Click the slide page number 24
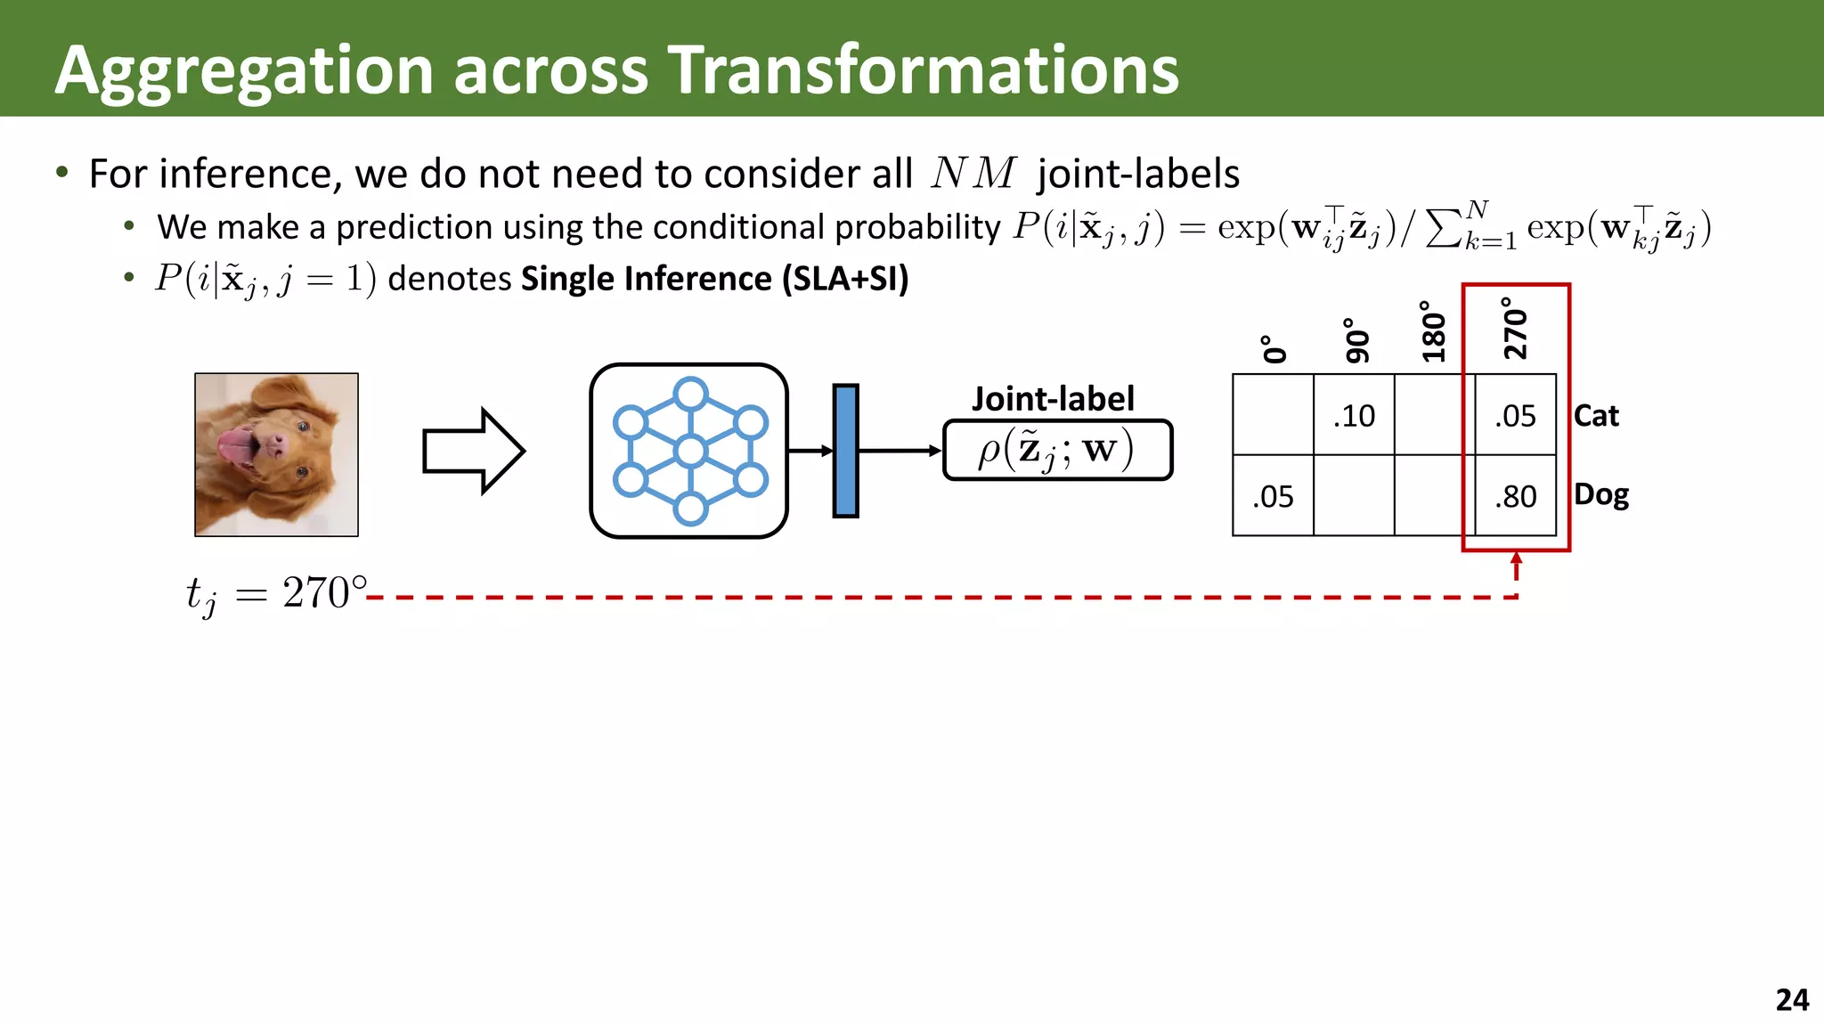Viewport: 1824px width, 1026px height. [x=1791, y=999]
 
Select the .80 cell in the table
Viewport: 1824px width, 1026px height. [x=1516, y=496]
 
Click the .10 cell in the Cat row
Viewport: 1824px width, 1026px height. [x=1354, y=416]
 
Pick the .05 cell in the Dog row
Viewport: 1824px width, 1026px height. [x=1273, y=496]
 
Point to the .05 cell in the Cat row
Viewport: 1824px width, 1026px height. [x=1516, y=416]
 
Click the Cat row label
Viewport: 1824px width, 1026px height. [x=1596, y=416]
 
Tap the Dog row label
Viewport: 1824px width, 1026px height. [x=1600, y=494]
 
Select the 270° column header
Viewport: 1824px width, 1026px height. [x=1515, y=329]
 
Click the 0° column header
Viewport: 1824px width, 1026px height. [x=1274, y=349]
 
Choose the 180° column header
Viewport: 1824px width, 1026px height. [x=1433, y=331]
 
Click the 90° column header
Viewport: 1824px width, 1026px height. [x=1355, y=340]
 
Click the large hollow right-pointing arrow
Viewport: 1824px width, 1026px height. [x=473, y=451]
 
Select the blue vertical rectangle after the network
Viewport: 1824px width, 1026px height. [x=845, y=451]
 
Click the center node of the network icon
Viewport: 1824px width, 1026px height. [x=690, y=452]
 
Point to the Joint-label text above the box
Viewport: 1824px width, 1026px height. [x=1053, y=399]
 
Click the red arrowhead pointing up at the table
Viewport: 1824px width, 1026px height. [x=1516, y=560]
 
